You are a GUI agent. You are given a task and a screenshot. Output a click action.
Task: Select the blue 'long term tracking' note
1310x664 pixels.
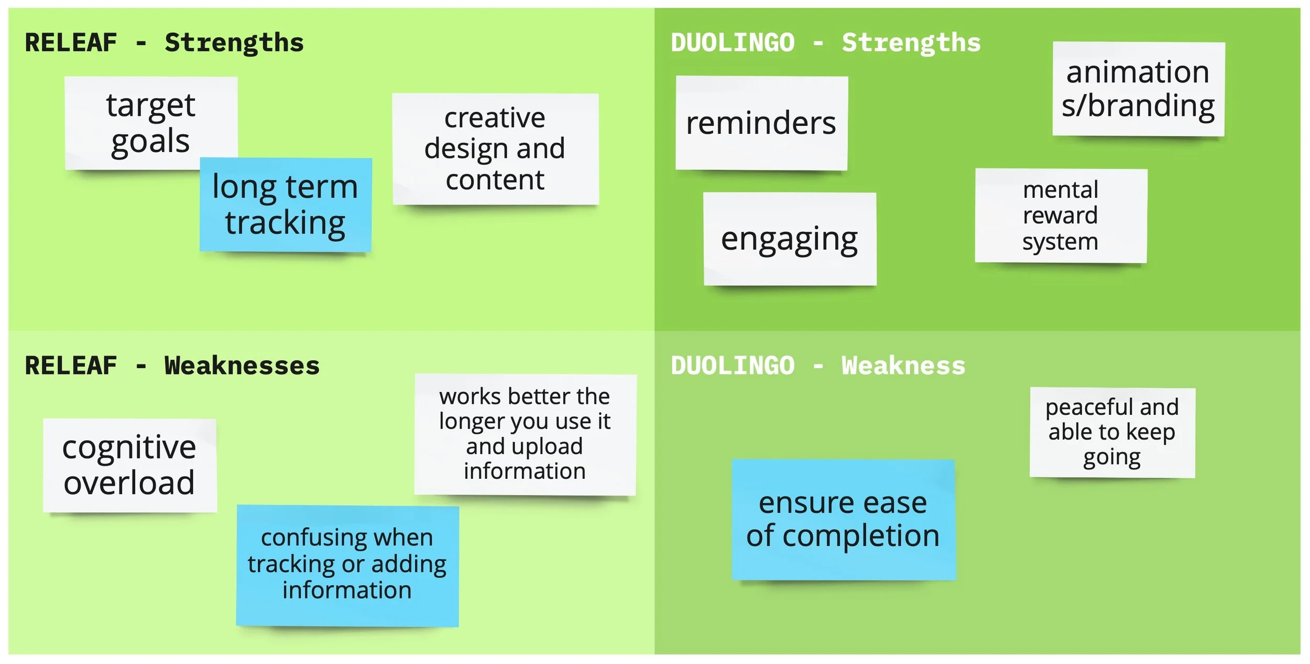coord(286,205)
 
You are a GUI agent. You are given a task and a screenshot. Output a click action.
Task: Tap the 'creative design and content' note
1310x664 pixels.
coord(495,149)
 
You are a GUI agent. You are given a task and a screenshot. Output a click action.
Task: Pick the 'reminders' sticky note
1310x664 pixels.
coord(761,123)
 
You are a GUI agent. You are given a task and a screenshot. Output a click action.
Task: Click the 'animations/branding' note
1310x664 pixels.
coord(1138,89)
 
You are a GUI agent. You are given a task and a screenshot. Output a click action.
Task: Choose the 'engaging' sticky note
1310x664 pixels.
coord(789,239)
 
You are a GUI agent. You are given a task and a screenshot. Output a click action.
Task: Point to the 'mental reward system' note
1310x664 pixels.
coord(1061,216)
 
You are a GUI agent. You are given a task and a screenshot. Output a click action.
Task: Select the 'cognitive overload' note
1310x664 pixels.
coord(129,465)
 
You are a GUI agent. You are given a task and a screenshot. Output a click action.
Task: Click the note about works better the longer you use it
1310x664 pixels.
coord(525,434)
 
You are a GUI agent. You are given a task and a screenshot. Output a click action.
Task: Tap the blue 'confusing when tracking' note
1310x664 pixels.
coord(347,565)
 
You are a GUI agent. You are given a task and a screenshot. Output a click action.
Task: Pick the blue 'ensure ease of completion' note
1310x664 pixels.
coord(843,519)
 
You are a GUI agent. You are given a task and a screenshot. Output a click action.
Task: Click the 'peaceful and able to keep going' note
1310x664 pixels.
coord(1112,433)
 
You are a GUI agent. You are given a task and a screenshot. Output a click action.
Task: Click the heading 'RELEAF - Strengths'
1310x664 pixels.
coord(164,43)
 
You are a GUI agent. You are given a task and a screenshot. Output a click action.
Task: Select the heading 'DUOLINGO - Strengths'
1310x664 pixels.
coord(825,43)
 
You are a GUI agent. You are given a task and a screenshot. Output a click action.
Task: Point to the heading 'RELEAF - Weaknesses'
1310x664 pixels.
coord(172,366)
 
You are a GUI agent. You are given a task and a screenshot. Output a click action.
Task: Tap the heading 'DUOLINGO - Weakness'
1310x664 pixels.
coord(817,366)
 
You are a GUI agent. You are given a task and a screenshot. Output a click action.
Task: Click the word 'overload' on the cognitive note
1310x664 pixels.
coord(129,483)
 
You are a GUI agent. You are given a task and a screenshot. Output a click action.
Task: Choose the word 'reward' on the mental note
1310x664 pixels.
coord(1060,216)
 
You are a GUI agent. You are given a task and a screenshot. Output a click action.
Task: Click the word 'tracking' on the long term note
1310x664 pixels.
coord(286,223)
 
